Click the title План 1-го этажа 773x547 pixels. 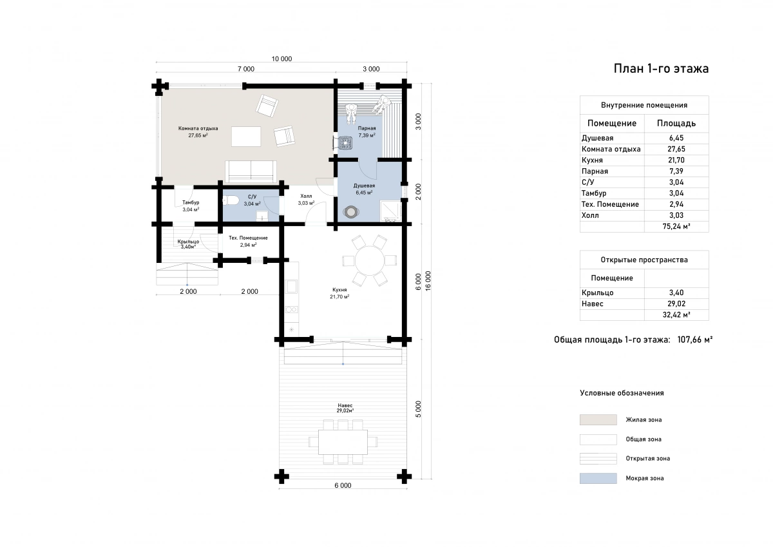(x=661, y=69)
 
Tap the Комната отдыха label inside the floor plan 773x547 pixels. (x=198, y=128)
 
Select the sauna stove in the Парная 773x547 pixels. (x=345, y=142)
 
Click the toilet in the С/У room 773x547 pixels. (x=231, y=200)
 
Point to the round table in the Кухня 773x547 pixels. (x=369, y=260)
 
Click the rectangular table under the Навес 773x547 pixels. (x=343, y=442)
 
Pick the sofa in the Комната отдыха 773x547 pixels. (x=251, y=171)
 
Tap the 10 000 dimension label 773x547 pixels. (x=282, y=59)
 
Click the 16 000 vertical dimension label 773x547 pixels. (x=428, y=280)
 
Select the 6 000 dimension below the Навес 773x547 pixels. (x=343, y=485)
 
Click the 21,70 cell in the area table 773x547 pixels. (x=676, y=160)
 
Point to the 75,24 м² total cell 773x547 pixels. (x=676, y=226)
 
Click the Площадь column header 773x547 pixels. (x=676, y=123)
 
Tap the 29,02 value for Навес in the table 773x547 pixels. (x=676, y=303)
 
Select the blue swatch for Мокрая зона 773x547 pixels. (x=598, y=478)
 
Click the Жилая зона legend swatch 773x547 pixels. (x=598, y=419)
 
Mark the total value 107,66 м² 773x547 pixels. (x=694, y=340)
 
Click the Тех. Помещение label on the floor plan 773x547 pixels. (x=248, y=238)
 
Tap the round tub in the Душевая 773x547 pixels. (x=351, y=211)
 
